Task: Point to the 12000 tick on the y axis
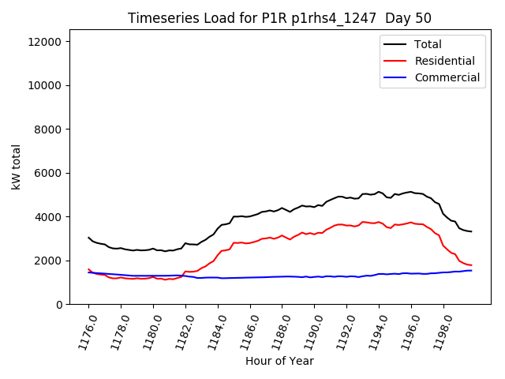(54, 41)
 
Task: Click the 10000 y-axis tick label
(54, 85)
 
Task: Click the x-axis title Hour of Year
(279, 361)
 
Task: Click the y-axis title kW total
(16, 171)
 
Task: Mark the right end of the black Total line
(471, 231)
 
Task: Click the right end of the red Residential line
(471, 265)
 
